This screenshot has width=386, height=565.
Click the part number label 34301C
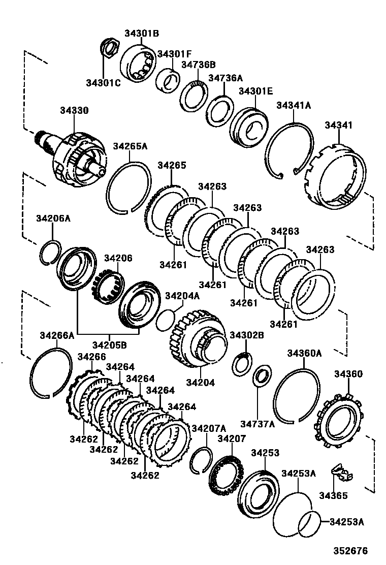[103, 83]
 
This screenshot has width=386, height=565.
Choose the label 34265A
[130, 146]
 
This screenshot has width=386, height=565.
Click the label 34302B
[247, 335]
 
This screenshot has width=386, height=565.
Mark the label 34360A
[304, 353]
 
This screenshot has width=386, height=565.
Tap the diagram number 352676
[350, 551]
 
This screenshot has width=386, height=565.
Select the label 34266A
[57, 335]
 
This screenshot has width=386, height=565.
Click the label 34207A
[209, 428]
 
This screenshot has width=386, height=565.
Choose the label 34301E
[255, 91]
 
